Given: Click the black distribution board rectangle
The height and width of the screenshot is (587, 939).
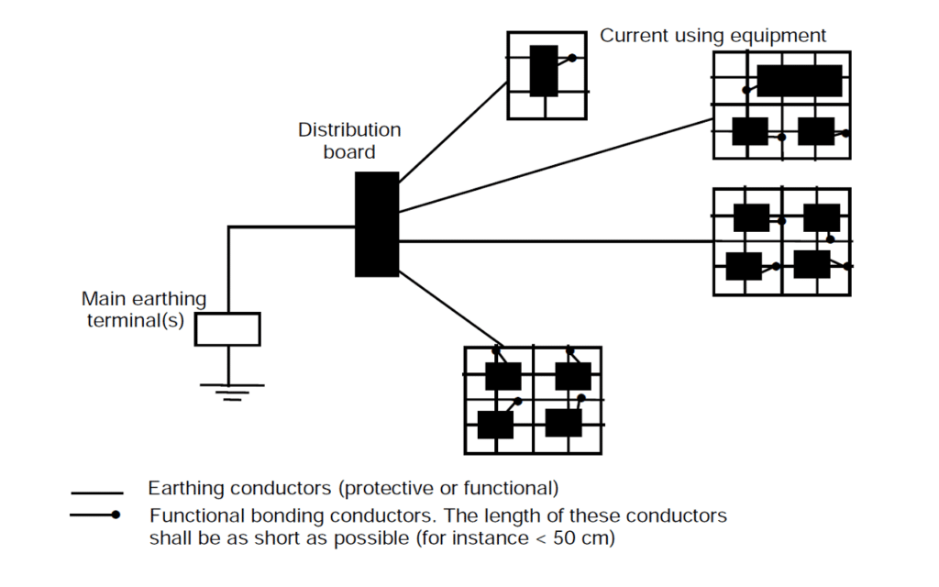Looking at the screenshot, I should [x=377, y=224].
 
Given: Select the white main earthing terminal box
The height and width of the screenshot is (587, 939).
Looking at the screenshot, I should [x=227, y=328].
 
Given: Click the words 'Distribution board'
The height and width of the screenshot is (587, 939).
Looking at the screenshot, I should [x=349, y=140].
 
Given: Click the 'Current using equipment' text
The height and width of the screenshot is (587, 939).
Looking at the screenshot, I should [x=713, y=36].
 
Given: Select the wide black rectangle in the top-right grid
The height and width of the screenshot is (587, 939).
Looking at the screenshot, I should [x=799, y=81].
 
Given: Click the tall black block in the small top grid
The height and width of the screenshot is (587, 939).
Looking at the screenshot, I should [x=544, y=71].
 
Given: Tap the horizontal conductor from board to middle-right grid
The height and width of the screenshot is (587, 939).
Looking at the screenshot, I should [x=550, y=241].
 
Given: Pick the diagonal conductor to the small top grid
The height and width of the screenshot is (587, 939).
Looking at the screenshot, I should [x=454, y=129].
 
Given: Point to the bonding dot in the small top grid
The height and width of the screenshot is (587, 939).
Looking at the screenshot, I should [x=572, y=58].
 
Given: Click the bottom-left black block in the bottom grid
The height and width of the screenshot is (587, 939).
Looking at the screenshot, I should [x=495, y=425].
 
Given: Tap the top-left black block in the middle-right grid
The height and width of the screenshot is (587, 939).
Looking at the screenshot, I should [x=751, y=218].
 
